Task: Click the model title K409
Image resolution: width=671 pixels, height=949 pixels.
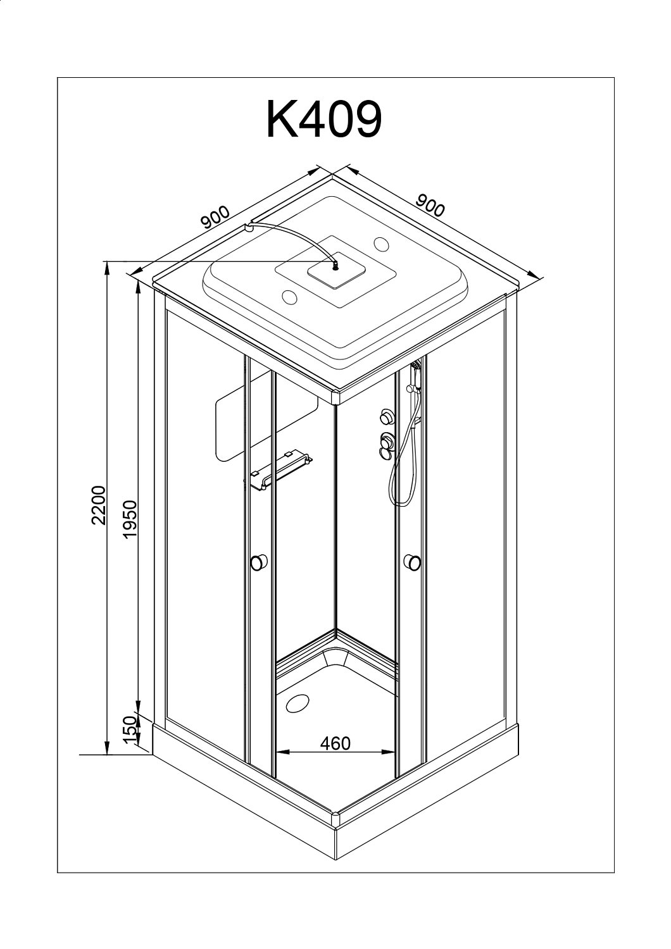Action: tap(324, 120)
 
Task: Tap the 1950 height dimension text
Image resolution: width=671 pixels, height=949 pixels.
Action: tap(130, 519)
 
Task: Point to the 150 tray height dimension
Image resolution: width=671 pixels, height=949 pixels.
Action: tap(130, 731)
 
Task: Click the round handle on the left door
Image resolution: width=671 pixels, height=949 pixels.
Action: tap(258, 561)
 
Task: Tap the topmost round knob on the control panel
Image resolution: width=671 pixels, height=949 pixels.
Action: tap(384, 416)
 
